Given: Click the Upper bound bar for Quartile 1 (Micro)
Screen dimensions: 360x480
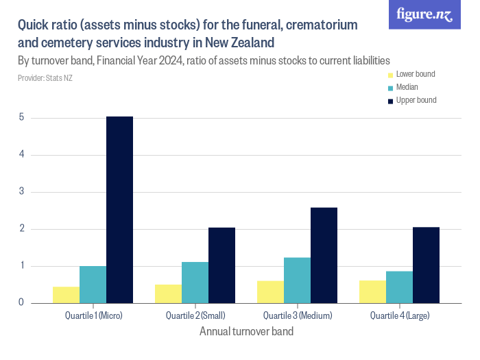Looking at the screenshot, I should coord(119,209).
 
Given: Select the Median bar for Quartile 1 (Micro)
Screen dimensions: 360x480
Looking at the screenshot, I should coord(93,284).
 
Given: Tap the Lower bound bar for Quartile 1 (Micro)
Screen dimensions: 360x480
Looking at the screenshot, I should coord(66,294).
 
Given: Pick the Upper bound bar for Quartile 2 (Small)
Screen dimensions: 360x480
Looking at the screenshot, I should coord(221,265).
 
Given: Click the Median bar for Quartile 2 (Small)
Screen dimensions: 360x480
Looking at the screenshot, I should coord(195,282).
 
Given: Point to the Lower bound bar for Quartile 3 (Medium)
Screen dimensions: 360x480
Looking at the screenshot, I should coord(270,291).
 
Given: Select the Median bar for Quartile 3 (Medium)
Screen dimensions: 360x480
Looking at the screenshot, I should coord(297,280).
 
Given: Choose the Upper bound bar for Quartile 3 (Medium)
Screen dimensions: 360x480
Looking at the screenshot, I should coord(324,254).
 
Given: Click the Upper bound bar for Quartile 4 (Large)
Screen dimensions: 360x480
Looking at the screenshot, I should coord(426,265).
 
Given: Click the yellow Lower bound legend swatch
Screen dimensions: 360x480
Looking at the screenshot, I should coord(391,75).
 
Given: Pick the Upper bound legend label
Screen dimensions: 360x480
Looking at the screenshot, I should coord(416,100).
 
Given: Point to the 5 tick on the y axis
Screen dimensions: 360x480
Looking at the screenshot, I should coord(21,117).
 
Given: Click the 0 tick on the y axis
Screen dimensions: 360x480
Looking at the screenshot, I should coord(21,302).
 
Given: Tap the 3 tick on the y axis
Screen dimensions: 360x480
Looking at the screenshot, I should coord(21,191).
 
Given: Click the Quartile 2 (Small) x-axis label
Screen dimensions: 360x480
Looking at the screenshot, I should coord(195,315).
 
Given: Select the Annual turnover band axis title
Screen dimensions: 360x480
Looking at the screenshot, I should coord(246,332).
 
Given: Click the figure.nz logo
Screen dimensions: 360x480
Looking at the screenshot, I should coord(424,15).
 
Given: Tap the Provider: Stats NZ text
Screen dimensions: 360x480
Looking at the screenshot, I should coord(45,78).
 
